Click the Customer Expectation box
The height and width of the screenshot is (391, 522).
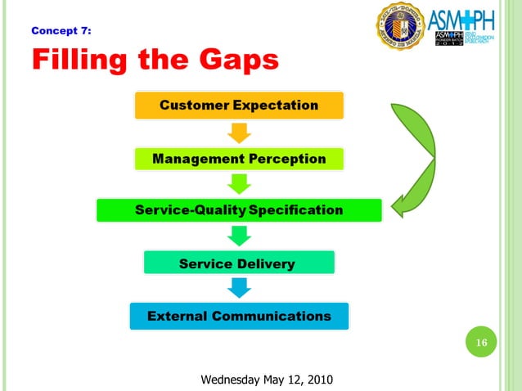coord(239,105)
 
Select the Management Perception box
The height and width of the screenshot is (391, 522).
coord(239,159)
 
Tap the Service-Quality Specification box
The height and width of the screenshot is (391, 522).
coord(239,210)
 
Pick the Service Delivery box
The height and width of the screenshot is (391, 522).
coord(238,263)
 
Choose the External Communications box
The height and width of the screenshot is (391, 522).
coord(239,316)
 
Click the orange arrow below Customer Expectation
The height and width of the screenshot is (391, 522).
coord(239,132)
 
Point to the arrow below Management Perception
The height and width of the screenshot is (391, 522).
coord(239,184)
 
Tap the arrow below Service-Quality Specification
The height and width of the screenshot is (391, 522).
coord(239,236)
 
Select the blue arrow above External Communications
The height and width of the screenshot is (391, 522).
coord(239,289)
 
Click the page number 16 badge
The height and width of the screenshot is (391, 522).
coord(482,342)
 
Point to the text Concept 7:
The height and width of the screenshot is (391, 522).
coord(61,31)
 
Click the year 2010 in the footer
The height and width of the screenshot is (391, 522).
coord(317,380)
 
